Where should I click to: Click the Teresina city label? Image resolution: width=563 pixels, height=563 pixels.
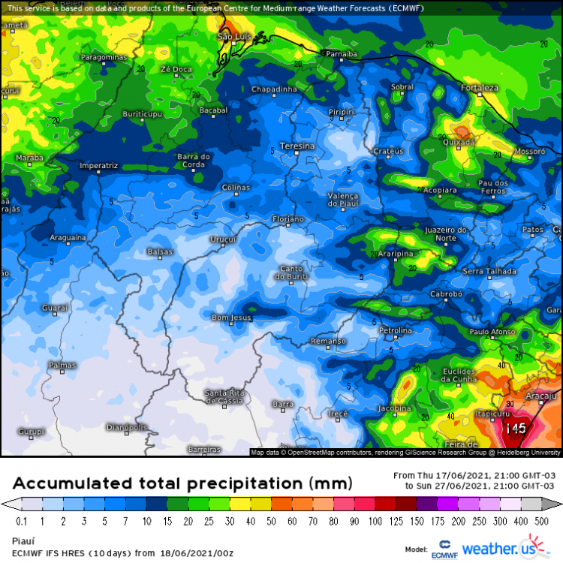[297, 144]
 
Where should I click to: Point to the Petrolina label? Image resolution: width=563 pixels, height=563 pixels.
[396, 330]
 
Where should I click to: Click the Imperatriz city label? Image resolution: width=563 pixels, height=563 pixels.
[98, 165]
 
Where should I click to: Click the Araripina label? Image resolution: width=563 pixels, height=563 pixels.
[395, 254]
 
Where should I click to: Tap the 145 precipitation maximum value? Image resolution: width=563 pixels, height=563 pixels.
[516, 429]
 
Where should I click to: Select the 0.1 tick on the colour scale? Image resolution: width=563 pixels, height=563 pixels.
[21, 521]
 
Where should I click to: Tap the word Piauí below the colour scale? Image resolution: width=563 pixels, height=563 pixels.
[23, 540]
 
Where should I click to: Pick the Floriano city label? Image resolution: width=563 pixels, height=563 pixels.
[288, 219]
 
